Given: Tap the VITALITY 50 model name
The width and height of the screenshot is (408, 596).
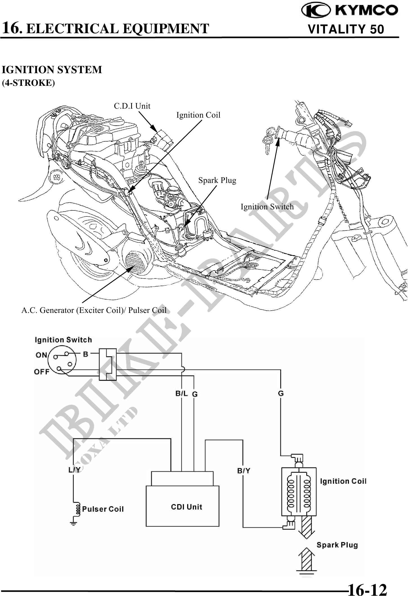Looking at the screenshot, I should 346,29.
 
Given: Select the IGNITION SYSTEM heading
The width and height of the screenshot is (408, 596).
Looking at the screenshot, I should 52,70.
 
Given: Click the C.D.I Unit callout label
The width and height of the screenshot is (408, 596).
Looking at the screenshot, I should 132,106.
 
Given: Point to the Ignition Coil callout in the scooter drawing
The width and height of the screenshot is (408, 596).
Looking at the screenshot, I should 198,115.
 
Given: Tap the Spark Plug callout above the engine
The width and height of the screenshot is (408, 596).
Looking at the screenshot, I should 217,180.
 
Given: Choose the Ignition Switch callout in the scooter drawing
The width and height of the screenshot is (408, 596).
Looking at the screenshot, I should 267,207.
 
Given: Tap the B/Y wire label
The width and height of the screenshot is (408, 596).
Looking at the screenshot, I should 244,470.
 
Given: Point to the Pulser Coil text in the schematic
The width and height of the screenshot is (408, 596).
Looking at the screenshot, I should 103,509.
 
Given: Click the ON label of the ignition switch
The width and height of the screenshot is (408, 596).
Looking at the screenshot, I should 41,355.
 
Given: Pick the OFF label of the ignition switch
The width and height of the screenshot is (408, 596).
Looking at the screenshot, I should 42,372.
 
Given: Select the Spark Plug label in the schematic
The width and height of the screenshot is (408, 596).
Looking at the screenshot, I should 337,545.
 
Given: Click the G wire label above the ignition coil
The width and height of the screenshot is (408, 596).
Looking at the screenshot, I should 281,393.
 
